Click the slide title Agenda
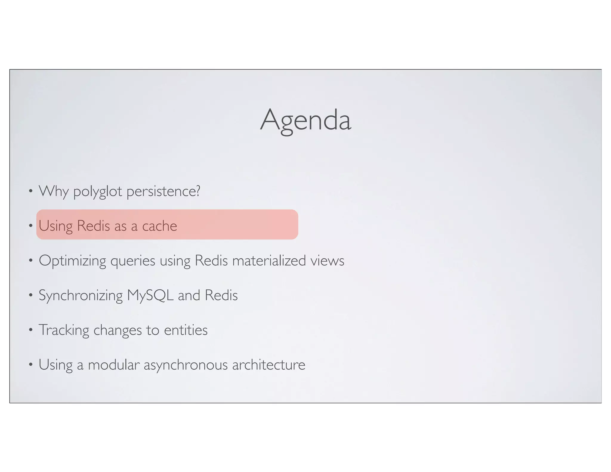click(x=305, y=120)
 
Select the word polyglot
click(x=98, y=191)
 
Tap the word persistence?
click(x=163, y=191)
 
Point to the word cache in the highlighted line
click(x=159, y=226)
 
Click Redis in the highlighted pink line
click(x=93, y=226)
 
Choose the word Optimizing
click(x=72, y=261)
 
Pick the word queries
click(x=133, y=261)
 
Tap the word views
click(x=327, y=261)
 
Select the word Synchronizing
click(x=81, y=295)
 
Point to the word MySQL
click(x=150, y=295)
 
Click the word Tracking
click(x=64, y=330)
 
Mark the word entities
click(x=186, y=330)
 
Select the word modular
click(x=113, y=365)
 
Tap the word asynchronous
click(x=186, y=365)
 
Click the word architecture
click(x=269, y=365)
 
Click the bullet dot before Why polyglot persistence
click(x=30, y=191)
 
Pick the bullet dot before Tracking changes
click(x=30, y=330)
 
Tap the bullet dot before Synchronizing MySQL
click(x=30, y=295)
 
